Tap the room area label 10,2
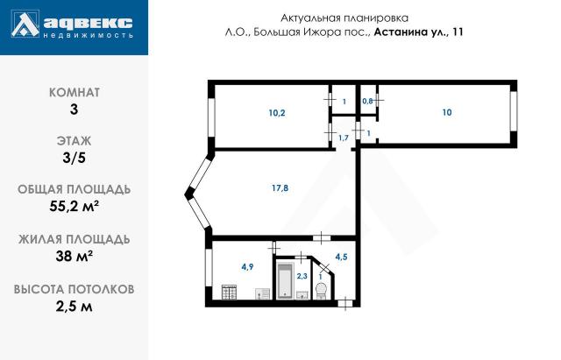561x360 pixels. pyautogui.click(x=276, y=112)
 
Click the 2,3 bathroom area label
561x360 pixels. pyautogui.click(x=302, y=276)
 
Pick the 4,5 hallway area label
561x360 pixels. pyautogui.click(x=341, y=257)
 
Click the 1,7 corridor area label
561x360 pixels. pyautogui.click(x=344, y=138)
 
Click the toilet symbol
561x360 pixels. pyautogui.click(x=321, y=290)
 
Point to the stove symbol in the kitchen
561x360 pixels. pyautogui.click(x=230, y=292)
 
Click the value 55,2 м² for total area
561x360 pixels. pyautogui.click(x=74, y=208)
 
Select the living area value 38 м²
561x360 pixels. pyautogui.click(x=74, y=257)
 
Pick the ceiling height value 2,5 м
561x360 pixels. pyautogui.click(x=74, y=307)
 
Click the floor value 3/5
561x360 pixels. pyautogui.click(x=74, y=158)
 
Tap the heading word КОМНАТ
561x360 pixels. pyautogui.click(x=74, y=91)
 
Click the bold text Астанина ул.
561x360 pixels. pyautogui.click(x=411, y=32)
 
